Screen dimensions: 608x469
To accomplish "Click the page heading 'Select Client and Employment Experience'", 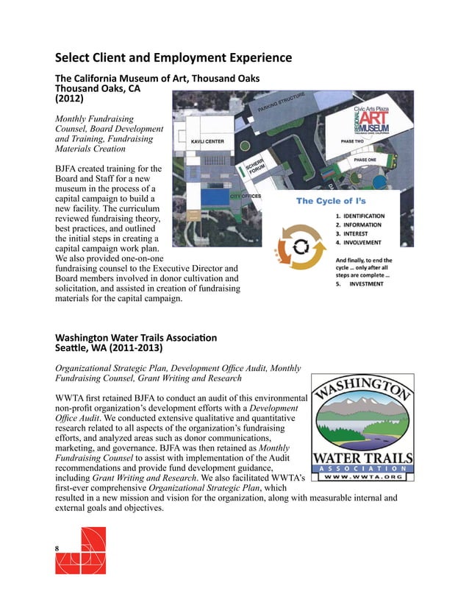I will pyautogui.click(x=173, y=57).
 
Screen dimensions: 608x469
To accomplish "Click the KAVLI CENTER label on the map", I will pyautogui.click(x=207, y=141).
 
